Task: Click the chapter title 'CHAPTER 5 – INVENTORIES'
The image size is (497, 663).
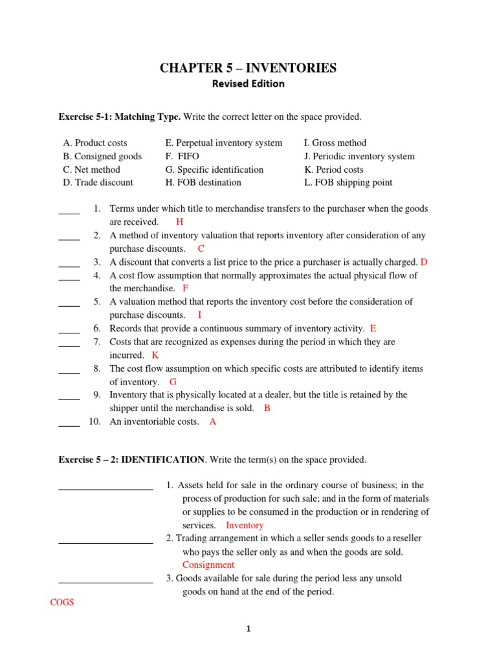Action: (248, 68)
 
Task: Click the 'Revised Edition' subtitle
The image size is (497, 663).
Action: (248, 84)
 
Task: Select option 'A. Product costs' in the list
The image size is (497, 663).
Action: (95, 143)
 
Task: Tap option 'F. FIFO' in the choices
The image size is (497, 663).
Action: (182, 156)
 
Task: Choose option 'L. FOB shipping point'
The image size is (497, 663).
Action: (348, 183)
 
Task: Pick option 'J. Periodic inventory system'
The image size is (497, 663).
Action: (359, 156)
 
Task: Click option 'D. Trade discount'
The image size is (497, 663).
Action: (98, 183)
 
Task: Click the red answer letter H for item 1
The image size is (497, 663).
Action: (179, 222)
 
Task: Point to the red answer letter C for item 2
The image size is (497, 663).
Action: (201, 249)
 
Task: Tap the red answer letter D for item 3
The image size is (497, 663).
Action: (424, 262)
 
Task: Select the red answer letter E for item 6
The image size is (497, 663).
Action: (373, 329)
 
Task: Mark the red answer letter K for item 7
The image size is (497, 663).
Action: (155, 355)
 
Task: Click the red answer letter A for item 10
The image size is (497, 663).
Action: (213, 421)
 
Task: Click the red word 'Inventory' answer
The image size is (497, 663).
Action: (245, 526)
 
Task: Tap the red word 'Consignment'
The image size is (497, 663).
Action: (208, 565)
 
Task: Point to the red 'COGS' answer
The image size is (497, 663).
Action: (62, 603)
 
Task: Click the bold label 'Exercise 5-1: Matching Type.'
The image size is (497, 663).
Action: (120, 117)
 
